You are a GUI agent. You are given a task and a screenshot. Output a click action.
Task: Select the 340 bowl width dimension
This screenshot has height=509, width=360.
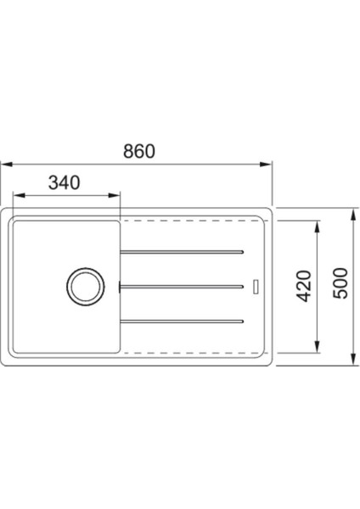[64, 182]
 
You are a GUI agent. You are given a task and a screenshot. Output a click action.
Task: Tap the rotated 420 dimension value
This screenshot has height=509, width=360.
[307, 286]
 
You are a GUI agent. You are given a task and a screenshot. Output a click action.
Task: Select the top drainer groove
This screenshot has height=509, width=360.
[183, 251]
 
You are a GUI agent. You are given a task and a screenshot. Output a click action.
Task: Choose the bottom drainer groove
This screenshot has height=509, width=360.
[183, 320]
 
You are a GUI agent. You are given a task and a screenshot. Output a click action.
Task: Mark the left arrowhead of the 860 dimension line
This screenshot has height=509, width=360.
[5, 165]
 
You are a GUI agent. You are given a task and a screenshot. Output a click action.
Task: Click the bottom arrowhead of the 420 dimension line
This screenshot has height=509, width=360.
[318, 348]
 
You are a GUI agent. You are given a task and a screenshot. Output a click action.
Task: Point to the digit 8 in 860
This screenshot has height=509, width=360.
[126, 153]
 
